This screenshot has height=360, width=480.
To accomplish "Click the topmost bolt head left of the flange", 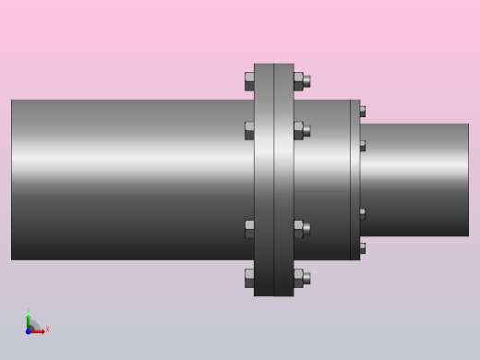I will pos(249,81).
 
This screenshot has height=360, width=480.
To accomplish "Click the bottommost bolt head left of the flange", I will pos(249,278).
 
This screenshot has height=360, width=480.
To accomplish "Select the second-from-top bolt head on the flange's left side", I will pos(249,130).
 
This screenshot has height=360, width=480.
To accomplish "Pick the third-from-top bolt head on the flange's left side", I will pos(249,229).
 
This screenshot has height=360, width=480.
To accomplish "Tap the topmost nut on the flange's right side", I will pos(298,81).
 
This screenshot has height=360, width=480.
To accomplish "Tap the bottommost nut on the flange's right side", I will pos(298,278).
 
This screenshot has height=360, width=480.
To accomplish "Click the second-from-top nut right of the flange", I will pos(298,130).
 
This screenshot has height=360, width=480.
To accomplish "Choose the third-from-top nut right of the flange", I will pos(298,229).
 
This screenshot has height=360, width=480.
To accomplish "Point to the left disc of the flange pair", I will pos(264,180).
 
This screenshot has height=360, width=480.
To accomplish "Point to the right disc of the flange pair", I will pos(283,180).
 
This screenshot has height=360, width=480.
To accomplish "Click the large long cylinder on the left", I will pos(129,180).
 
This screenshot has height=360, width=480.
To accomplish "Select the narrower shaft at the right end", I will pos(415,180).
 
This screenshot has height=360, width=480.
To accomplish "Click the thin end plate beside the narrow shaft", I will pos(355,180).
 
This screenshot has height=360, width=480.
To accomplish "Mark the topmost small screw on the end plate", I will pos(363,112).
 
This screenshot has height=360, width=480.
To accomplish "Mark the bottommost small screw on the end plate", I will pos(363,248).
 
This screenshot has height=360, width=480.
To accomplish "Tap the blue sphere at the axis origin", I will pos(29,330).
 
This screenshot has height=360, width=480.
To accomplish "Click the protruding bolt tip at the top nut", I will pos(307,81).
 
